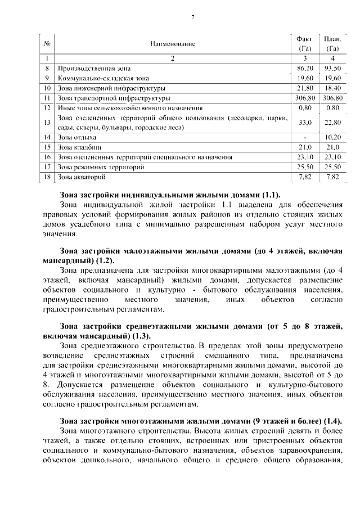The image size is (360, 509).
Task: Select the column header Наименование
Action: point(173,43)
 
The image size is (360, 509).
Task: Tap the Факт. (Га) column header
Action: point(304,43)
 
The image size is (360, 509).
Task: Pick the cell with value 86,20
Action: point(304,67)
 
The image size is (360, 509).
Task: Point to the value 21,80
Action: point(304,88)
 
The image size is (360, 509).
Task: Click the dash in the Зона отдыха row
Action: point(304,137)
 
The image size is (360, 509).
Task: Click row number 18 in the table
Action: point(47,177)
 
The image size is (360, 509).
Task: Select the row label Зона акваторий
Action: point(82,177)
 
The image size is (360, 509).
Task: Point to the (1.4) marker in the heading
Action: point(330,421)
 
